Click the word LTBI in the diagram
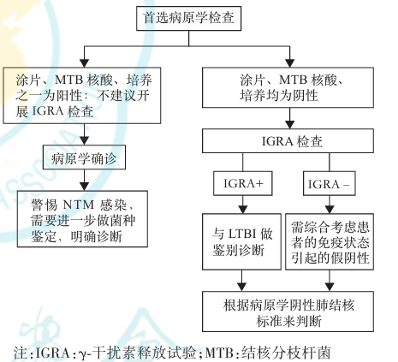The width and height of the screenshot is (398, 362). [244, 231]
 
